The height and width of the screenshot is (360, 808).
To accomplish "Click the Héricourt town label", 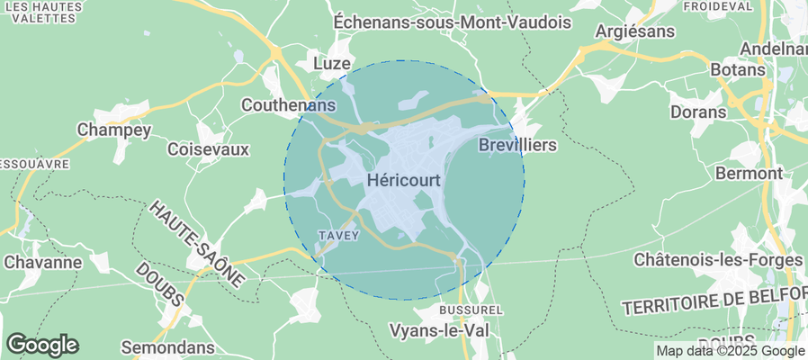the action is [x=404, y=180].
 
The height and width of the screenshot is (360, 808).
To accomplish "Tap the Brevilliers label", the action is [x=517, y=145].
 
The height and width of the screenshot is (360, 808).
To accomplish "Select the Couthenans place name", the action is [x=288, y=105].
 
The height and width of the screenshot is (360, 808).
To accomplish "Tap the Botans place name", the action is [x=738, y=69].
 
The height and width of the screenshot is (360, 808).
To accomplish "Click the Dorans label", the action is [x=698, y=112].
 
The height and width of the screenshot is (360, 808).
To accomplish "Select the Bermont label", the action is [x=748, y=172].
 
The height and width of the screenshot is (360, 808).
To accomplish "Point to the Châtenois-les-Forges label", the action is [x=717, y=260].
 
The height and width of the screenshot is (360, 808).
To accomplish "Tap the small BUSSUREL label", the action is [x=463, y=310].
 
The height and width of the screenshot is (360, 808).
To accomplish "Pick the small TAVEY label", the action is [x=339, y=236].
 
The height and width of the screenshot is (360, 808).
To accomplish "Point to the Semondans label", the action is [x=168, y=347].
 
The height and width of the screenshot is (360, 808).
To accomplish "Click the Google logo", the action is [x=42, y=345].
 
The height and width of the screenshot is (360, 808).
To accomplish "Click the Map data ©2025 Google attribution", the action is [x=730, y=351].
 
